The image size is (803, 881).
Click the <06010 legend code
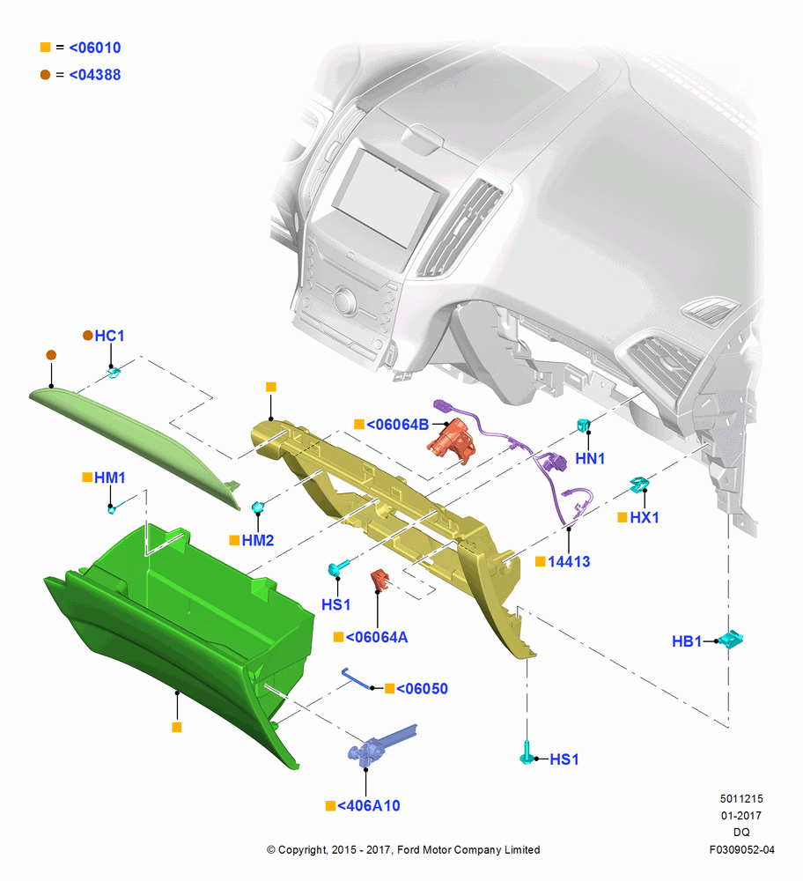tap(94, 48)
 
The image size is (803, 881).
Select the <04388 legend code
tap(94, 75)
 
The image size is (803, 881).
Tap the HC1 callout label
tap(109, 336)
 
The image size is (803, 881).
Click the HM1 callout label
tap(109, 478)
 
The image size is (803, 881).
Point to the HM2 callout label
tap(258, 540)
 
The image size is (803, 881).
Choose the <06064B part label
tap(398, 425)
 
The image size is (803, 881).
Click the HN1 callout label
tap(590, 458)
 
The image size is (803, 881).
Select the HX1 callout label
tap(645, 517)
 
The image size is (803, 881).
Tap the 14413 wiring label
tap(569, 561)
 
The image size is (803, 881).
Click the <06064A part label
tap(377, 637)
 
